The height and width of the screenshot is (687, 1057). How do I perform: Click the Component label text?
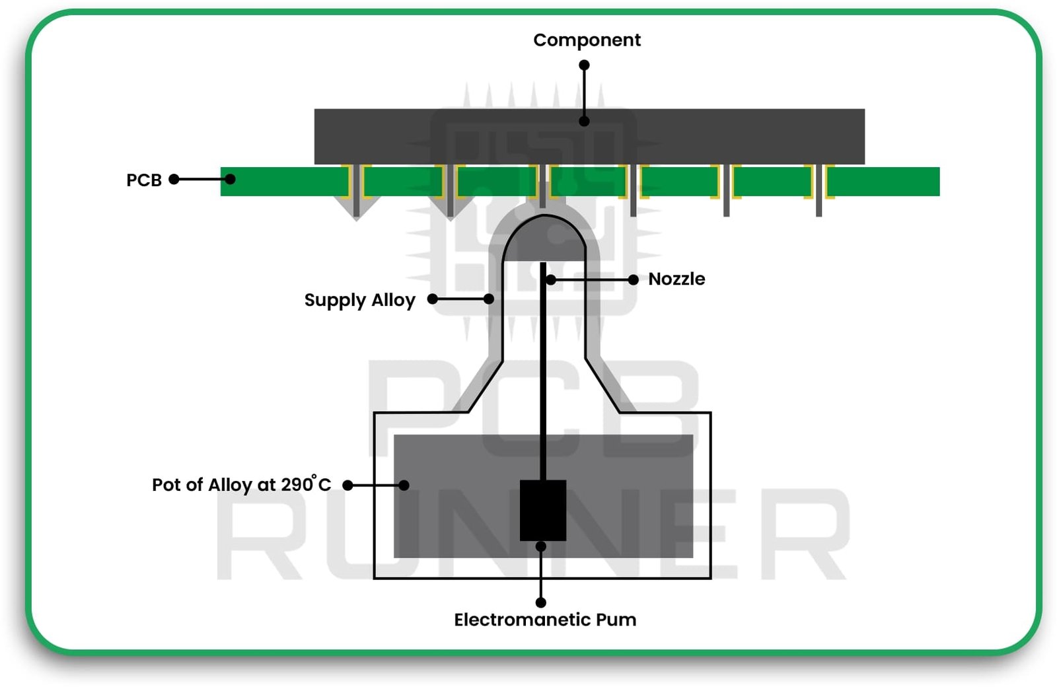point(587,40)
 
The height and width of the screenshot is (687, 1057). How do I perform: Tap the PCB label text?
point(144,180)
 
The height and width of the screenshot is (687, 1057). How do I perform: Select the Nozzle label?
point(676,279)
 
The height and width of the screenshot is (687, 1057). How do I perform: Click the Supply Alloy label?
point(359,300)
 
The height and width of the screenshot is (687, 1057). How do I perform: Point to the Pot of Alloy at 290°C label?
point(241,485)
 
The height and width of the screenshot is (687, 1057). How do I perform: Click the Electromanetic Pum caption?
point(545,620)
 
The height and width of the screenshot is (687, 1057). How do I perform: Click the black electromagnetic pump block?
point(542,510)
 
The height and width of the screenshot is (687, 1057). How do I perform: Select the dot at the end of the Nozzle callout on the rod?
point(550,280)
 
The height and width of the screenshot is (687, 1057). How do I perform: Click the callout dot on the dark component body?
point(584,122)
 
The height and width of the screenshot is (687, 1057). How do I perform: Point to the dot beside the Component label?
point(584,65)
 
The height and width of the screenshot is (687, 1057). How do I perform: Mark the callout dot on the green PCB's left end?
point(230,179)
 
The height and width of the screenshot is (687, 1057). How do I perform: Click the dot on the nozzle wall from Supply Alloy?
point(489,299)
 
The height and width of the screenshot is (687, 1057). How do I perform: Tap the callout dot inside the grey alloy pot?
point(404,485)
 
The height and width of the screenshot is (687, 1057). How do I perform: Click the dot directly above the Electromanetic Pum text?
point(541,602)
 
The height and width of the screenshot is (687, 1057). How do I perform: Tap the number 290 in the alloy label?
point(297,485)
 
